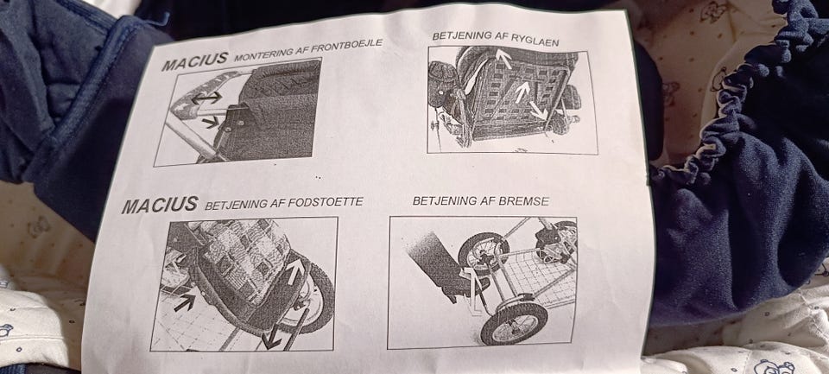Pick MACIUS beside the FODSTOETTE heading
(160, 205)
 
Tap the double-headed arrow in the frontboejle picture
(206, 98)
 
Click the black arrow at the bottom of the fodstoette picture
(272, 337)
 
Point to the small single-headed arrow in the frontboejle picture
(211, 122)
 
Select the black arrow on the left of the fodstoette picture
(184, 302)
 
